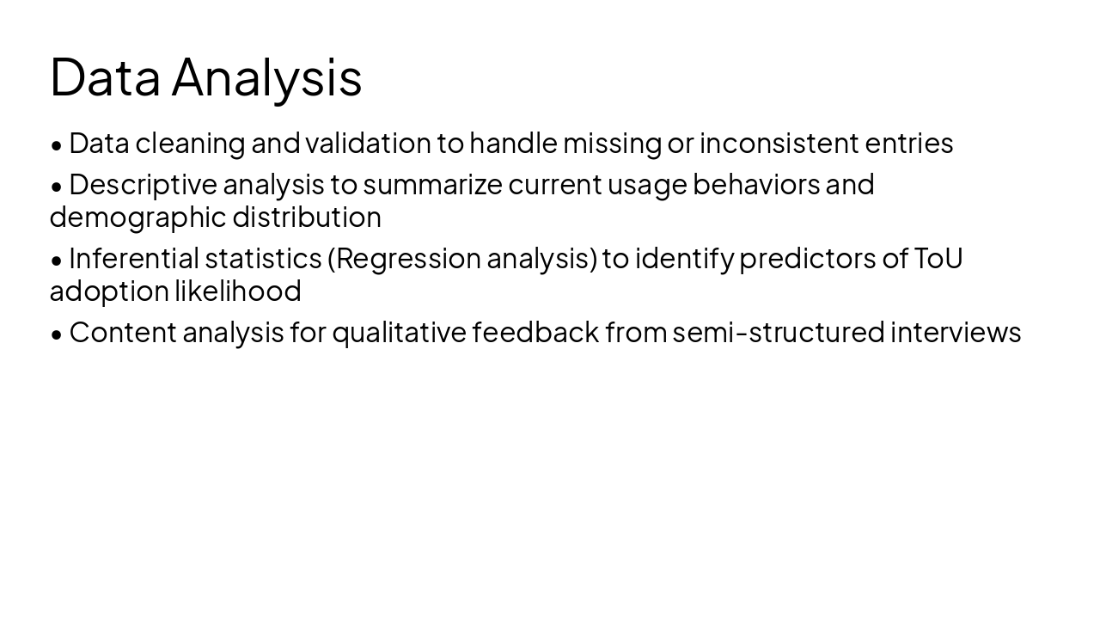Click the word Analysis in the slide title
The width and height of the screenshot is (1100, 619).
(x=266, y=77)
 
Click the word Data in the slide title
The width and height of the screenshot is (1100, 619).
(x=105, y=77)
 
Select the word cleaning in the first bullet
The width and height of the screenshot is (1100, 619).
(x=190, y=144)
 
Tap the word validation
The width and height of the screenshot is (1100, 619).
(x=368, y=144)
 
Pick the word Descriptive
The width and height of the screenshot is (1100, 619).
(x=143, y=185)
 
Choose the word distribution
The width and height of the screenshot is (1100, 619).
(x=307, y=218)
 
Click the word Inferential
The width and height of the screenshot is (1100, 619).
(x=133, y=259)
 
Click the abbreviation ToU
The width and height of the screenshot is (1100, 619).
(x=938, y=259)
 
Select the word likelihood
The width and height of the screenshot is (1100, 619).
(x=238, y=291)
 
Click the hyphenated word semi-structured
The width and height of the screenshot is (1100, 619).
(x=778, y=333)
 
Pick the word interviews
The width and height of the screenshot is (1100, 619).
(x=956, y=333)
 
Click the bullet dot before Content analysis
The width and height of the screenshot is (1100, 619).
(x=57, y=334)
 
